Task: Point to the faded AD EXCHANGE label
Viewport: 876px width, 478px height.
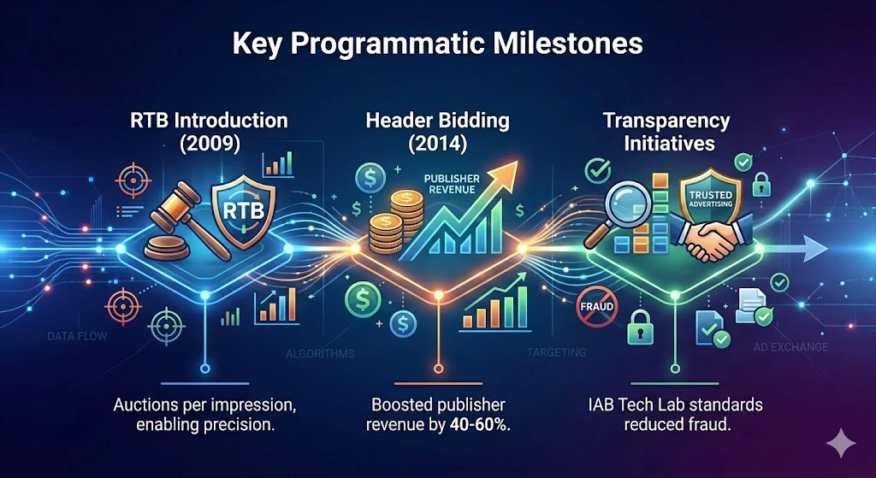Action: click(790, 347)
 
